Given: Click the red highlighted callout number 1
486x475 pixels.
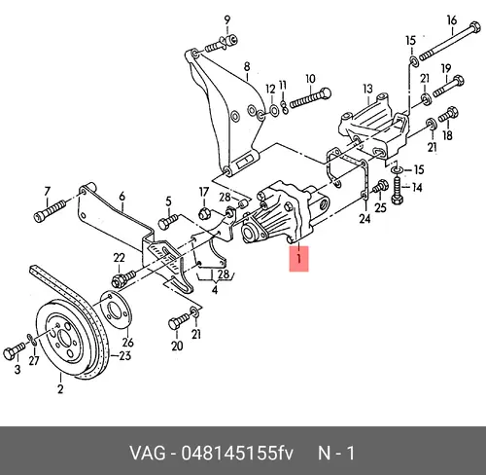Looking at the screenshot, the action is [298, 259].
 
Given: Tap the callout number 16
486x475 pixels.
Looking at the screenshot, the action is [452, 20].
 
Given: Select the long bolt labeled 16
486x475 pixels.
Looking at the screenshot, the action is [450, 43].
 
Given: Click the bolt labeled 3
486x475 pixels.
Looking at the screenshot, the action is [14, 351].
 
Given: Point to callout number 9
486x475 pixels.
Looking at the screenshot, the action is [227, 19].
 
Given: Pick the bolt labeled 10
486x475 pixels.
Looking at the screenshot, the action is [310, 98].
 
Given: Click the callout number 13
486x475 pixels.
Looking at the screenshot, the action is [367, 89].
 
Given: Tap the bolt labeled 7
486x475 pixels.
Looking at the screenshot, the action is [50, 210].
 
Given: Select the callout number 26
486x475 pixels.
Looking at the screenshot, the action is [127, 342].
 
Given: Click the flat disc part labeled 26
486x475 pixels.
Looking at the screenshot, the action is [114, 311].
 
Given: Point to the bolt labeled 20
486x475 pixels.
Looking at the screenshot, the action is [179, 320].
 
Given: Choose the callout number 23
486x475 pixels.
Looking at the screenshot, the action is [125, 355].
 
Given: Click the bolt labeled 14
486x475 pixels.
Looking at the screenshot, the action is [397, 191].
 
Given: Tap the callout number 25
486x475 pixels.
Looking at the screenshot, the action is [380, 207].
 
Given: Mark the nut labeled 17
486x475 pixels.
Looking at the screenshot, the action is [204, 213].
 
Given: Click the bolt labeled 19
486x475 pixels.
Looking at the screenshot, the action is [448, 86].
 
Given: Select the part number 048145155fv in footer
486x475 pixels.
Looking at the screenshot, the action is [237, 453].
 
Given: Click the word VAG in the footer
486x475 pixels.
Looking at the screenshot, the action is [148, 453].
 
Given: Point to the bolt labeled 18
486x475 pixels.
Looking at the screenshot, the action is [448, 115].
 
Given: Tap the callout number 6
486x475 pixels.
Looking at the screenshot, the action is [121, 197].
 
